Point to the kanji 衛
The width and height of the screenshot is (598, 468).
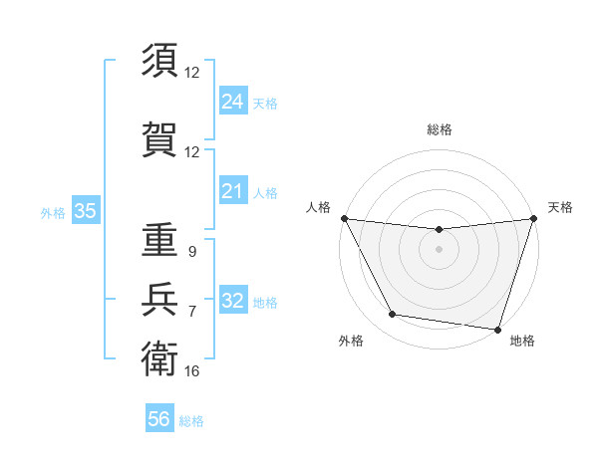click(159, 356)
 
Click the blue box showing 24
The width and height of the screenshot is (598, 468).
click(232, 102)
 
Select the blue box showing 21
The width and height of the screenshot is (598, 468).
click(232, 191)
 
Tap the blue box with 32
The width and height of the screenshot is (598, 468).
click(232, 301)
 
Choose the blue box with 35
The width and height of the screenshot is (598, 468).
click(85, 211)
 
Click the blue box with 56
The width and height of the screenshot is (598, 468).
click(159, 419)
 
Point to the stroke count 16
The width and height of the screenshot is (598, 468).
click(192, 371)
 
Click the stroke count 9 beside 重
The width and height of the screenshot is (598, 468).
click(192, 252)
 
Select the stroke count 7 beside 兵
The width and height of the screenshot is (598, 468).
click(192, 312)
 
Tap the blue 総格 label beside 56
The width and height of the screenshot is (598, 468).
click(191, 421)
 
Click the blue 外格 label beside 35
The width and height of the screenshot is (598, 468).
click(53, 212)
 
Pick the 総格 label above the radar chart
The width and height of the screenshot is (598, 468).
click(440, 129)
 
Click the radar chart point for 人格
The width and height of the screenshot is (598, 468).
click(344, 218)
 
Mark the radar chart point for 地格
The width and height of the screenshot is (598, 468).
click(497, 329)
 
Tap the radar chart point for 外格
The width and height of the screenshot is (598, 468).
click(393, 315)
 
